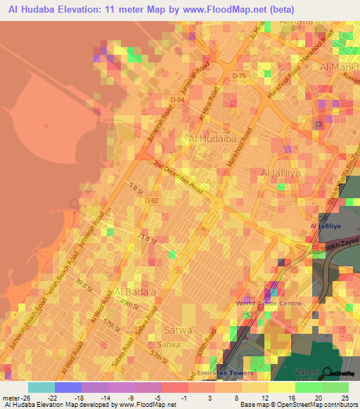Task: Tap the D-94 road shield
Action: tap(178, 100)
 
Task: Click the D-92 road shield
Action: tap(151, 201)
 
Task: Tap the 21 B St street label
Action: tap(146, 238)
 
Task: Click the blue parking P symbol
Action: tap(318, 124)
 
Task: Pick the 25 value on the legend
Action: tap(344, 398)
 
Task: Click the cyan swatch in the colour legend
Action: tap(41, 387)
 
